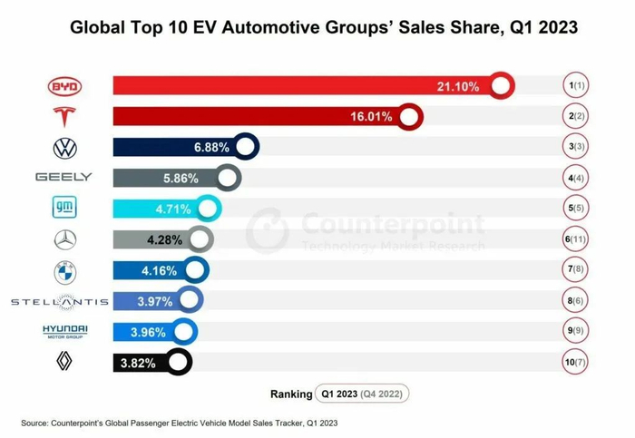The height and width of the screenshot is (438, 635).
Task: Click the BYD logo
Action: click(x=64, y=86)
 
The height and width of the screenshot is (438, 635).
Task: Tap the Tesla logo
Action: click(x=64, y=117)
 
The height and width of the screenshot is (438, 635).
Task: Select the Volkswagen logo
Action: click(x=64, y=148)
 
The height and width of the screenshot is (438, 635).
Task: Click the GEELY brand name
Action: click(x=63, y=178)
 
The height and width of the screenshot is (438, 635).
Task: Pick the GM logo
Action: click(x=64, y=209)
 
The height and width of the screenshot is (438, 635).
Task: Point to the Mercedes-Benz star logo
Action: click(x=64, y=239)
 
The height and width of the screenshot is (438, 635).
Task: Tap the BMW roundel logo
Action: click(x=64, y=270)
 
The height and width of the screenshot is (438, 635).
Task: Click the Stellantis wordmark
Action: click(x=59, y=301)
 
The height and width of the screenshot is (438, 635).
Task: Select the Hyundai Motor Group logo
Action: click(x=64, y=331)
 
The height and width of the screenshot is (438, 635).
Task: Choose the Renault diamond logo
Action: click(x=64, y=362)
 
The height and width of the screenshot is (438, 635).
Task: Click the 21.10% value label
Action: click(x=458, y=86)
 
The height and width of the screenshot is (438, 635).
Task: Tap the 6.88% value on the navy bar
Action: click(x=211, y=148)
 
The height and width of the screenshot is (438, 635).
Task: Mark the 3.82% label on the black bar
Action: click(x=137, y=363)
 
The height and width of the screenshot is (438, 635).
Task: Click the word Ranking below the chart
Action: click(x=290, y=394)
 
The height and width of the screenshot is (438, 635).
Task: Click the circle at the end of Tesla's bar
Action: click(x=410, y=117)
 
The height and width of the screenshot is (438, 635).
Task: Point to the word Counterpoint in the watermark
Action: click(x=392, y=223)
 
